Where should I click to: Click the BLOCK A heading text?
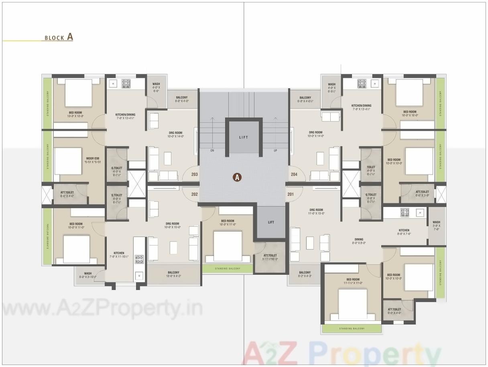pyautogui.click(x=59, y=37)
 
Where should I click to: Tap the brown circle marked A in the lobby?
pyautogui.click(x=237, y=177)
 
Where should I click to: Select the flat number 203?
pyautogui.click(x=195, y=174)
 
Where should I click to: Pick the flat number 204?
pyautogui.click(x=294, y=174)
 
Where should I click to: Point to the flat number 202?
pyautogui.click(x=195, y=194)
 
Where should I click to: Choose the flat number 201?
pyautogui.click(x=291, y=194)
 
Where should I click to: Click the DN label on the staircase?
pyautogui.click(x=212, y=151)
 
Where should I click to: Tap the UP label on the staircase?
pyautogui.click(x=275, y=151)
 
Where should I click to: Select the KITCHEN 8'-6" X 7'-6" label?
pyautogui.click(x=404, y=232)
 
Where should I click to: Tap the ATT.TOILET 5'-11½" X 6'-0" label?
pyautogui.click(x=270, y=257)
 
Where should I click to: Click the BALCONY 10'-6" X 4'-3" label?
pyautogui.click(x=174, y=274)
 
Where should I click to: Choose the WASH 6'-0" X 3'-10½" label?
pyautogui.click(x=88, y=275)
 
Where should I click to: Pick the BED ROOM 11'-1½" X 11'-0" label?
pyautogui.click(x=353, y=281)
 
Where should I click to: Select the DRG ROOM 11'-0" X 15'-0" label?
pyautogui.click(x=316, y=211)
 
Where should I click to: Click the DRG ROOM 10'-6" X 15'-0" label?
pyautogui.click(x=173, y=225)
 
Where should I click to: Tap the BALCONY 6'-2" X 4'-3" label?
pyautogui.click(x=305, y=274)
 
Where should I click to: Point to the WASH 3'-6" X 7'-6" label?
pyautogui.click(x=436, y=225)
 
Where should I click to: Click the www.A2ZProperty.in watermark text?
pyautogui.click(x=102, y=309)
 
